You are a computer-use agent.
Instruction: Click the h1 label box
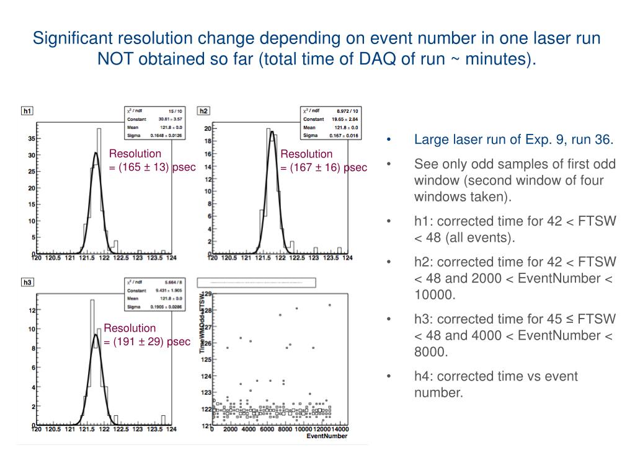coord(27,111)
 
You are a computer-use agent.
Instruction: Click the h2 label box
coord(203,111)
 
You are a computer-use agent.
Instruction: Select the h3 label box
coord(27,283)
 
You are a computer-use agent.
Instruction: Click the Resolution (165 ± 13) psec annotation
coord(153,160)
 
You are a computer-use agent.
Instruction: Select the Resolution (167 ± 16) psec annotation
coord(324,161)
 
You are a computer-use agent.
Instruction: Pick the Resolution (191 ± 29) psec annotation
coord(147,335)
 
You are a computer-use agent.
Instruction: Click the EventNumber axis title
coord(327,437)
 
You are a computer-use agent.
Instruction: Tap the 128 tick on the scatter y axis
coord(208,311)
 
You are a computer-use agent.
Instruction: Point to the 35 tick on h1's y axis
coord(31,139)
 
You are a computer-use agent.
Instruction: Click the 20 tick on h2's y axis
coord(208,128)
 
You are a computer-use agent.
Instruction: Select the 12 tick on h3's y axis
coord(31,310)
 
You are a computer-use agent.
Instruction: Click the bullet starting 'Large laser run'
coord(513,139)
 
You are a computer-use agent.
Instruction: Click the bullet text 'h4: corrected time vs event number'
coord(496,384)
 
